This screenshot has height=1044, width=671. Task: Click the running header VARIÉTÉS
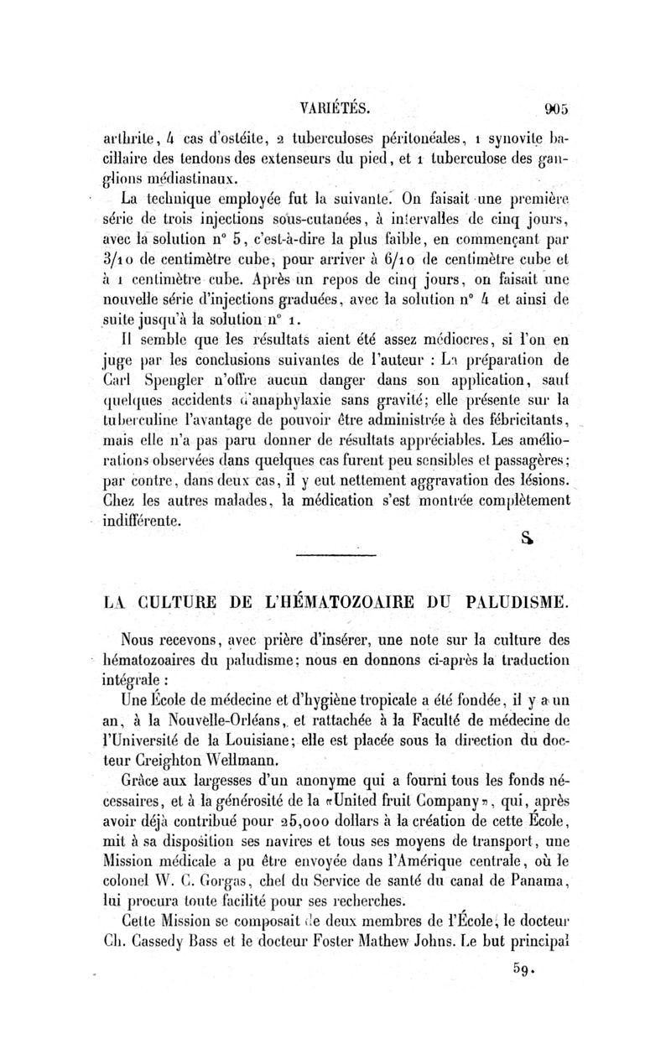point(334,108)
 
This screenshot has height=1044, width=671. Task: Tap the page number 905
point(554,108)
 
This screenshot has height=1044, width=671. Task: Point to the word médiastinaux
point(189,178)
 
